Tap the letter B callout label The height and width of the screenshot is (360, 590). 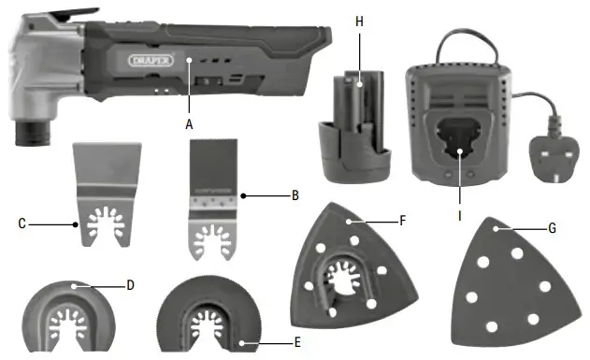click(x=295, y=196)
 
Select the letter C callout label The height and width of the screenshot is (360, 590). click(x=22, y=223)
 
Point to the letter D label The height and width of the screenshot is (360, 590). click(x=132, y=283)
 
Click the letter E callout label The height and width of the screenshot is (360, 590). click(x=297, y=342)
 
